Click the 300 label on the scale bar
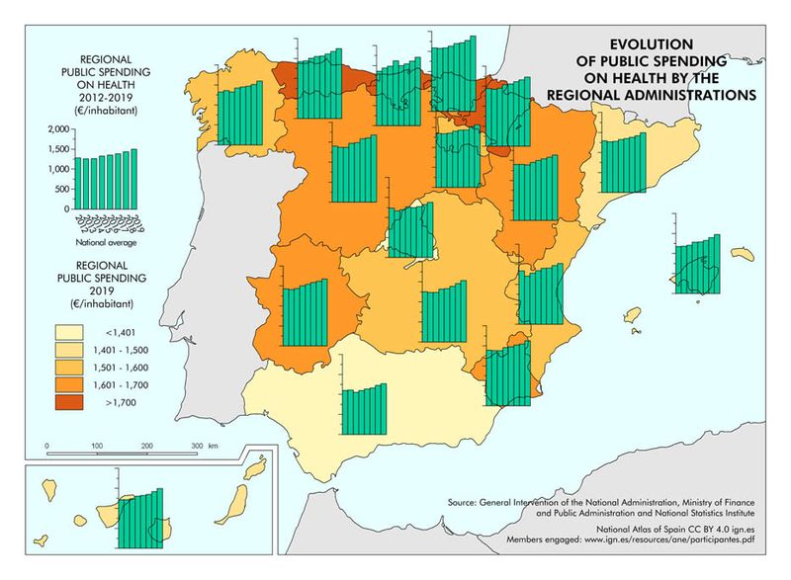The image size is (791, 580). coord(196,447)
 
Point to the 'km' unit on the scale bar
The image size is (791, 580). coord(214,447)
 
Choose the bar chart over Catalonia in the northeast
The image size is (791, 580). coord(624,165)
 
